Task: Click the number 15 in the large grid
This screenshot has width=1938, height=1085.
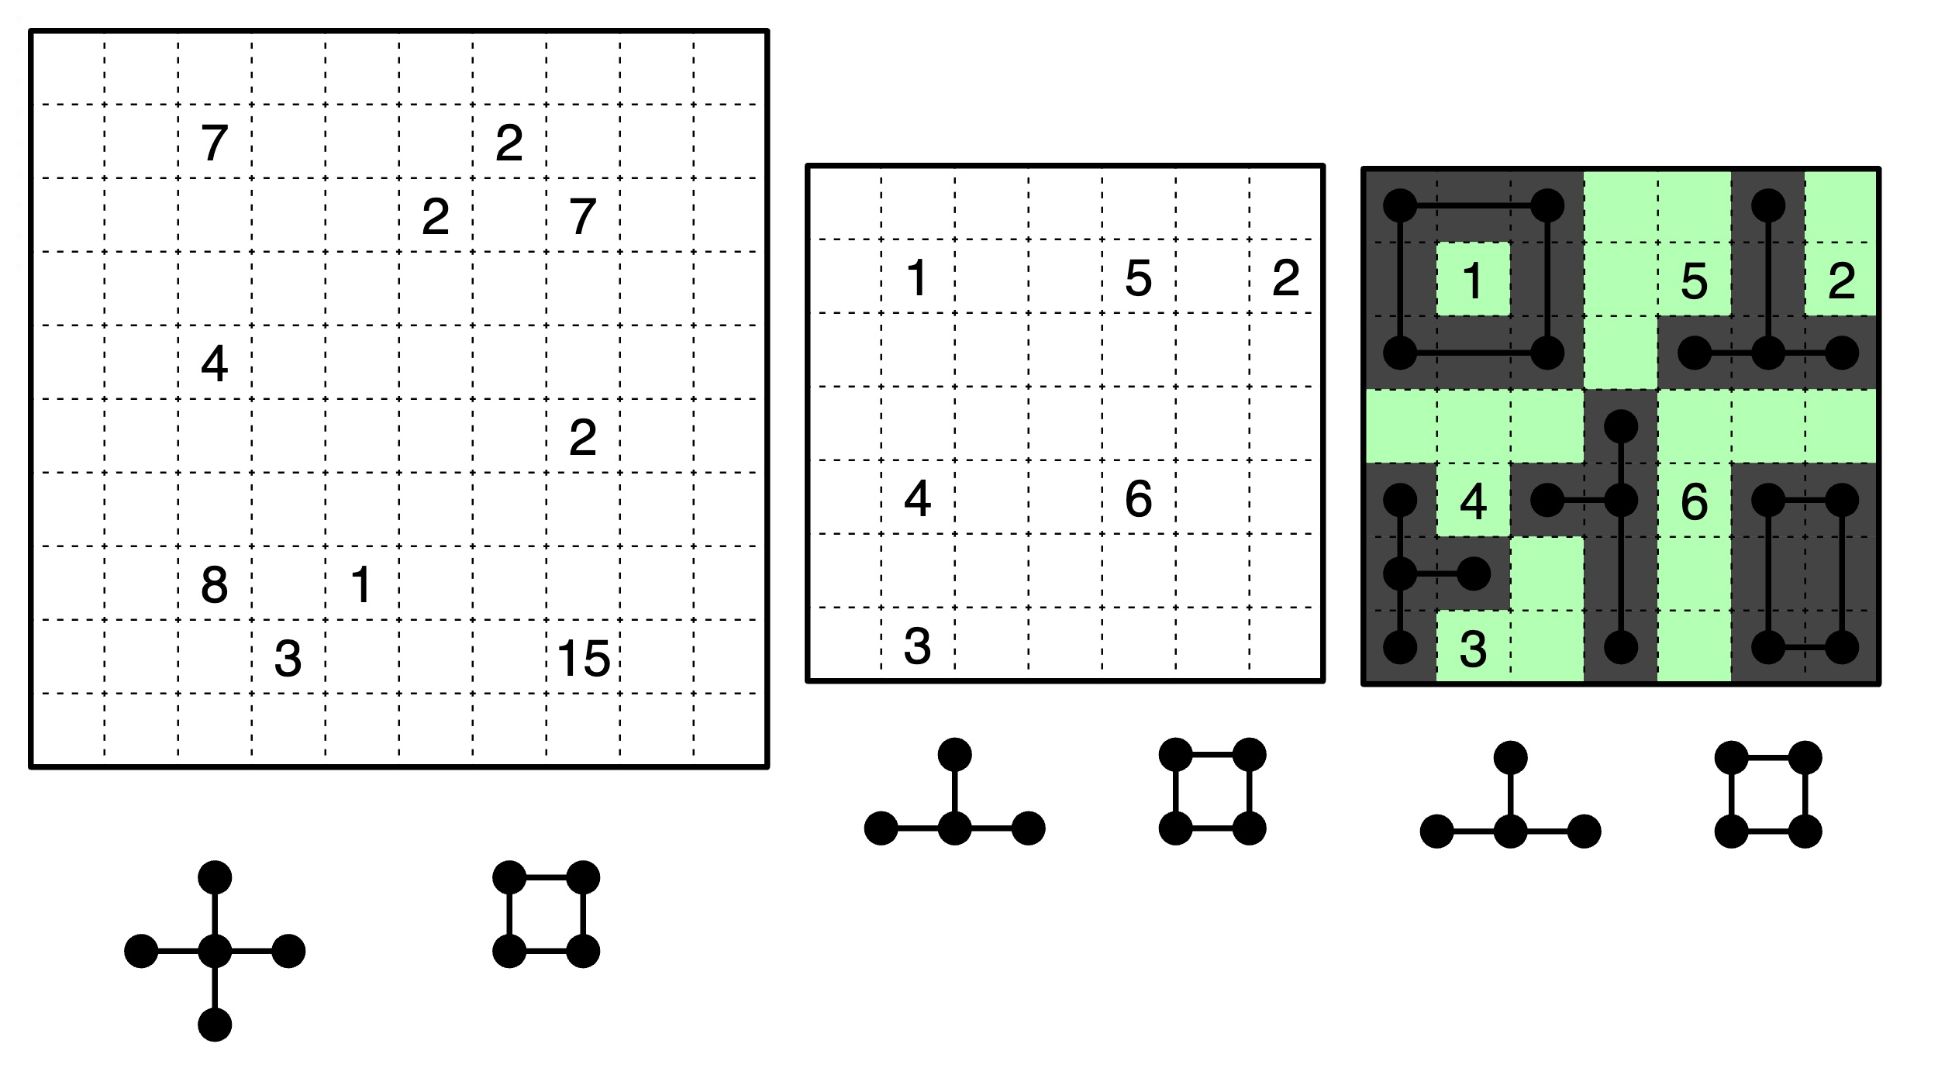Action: [583, 659]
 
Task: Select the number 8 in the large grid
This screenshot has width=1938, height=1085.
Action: [215, 585]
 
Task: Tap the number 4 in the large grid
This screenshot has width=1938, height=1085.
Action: [215, 363]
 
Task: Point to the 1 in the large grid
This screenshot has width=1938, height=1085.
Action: [361, 585]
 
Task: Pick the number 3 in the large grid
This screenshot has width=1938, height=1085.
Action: [288, 659]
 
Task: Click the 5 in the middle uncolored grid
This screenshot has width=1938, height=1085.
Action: [1138, 278]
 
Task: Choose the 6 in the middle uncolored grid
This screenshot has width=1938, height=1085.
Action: [1138, 498]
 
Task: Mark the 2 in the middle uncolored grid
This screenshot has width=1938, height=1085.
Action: [1286, 278]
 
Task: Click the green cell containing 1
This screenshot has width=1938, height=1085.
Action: [1473, 279]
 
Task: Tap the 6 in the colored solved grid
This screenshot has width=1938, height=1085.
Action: [1694, 501]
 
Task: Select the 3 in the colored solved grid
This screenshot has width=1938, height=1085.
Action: [1473, 649]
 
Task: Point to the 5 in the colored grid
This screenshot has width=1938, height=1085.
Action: [1694, 281]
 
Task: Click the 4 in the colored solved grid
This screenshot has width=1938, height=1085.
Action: [1473, 501]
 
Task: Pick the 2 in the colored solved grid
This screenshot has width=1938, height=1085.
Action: [1841, 281]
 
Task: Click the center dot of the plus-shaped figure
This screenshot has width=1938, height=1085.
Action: [215, 951]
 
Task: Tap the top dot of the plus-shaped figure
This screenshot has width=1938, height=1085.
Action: [215, 877]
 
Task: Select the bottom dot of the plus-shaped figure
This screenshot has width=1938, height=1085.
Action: [215, 1025]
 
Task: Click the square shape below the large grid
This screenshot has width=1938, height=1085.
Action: [509, 914]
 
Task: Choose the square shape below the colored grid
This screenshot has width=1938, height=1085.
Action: [1732, 794]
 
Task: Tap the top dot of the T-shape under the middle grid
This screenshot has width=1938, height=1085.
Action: [954, 755]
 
